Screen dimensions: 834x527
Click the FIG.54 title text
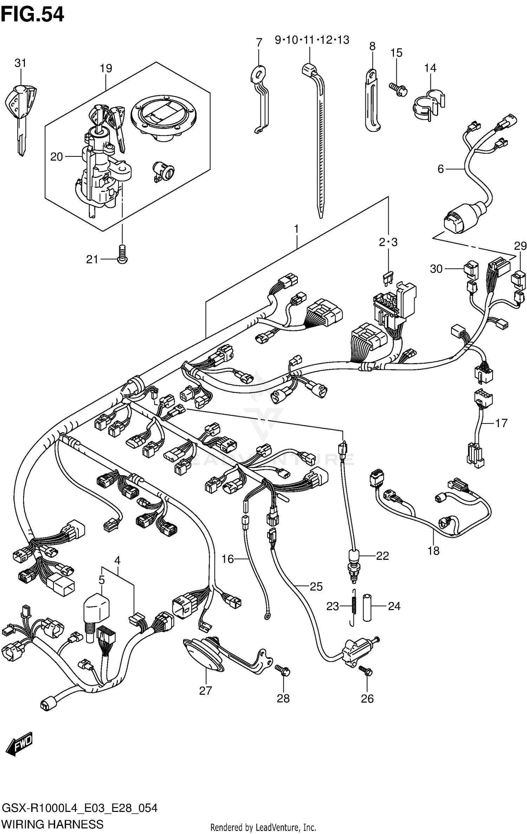coord(32,15)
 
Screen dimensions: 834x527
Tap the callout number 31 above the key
coord(20,63)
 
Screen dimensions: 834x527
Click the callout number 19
coord(106,68)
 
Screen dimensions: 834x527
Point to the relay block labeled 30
coord(470,269)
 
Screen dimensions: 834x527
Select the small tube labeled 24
coord(367,607)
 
